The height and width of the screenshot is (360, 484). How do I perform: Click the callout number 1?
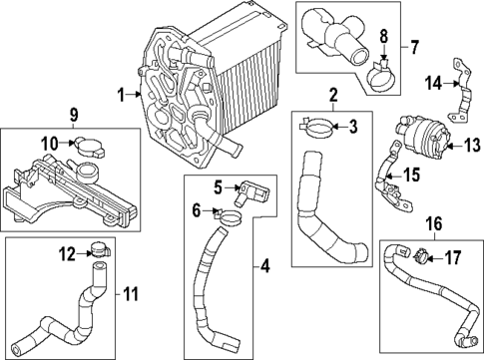121,96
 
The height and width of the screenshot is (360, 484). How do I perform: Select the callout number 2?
334,96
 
